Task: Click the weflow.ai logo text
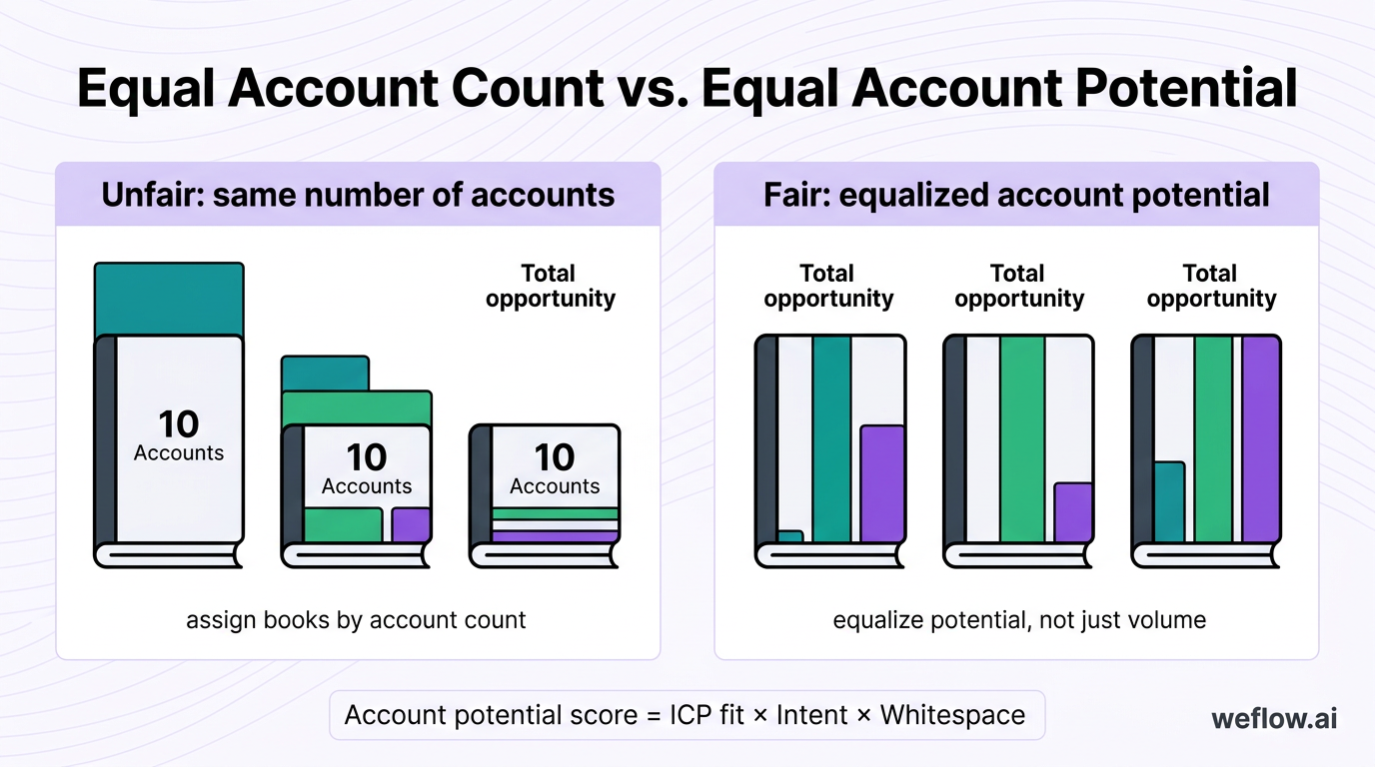pos(1274,718)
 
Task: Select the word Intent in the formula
pos(816,715)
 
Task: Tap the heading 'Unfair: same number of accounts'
pos(358,194)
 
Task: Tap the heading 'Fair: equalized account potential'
pos(1016,194)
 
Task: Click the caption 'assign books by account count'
pos(356,620)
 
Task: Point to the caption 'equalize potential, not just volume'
pos(1019,620)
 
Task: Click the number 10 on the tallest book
pos(179,425)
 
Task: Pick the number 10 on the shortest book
pos(555,457)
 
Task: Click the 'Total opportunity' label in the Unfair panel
pos(551,286)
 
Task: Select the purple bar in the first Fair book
pos(882,484)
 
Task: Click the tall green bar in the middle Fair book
pos(1022,439)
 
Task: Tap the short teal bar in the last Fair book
pos(1169,502)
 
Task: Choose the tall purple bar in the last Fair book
pos(1260,439)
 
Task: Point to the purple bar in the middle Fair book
pos(1073,512)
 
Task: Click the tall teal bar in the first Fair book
pos(831,439)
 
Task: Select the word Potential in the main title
pos(1186,90)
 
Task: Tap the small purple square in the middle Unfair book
pos(411,524)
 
